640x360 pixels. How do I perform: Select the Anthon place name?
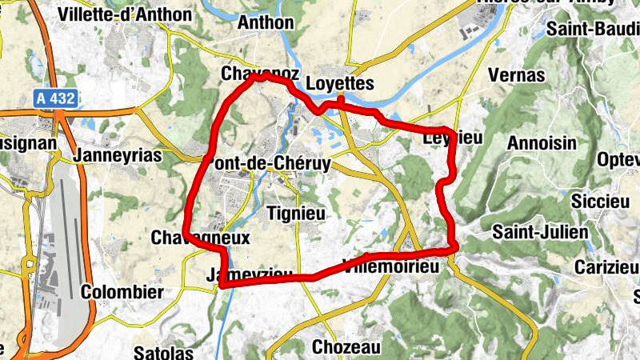point(266,22)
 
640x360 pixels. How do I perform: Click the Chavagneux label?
point(201,238)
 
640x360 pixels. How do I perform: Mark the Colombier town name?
point(122,292)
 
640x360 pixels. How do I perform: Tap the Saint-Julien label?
point(540,232)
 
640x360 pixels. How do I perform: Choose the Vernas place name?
point(516,75)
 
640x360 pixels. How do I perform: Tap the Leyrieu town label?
point(452,138)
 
